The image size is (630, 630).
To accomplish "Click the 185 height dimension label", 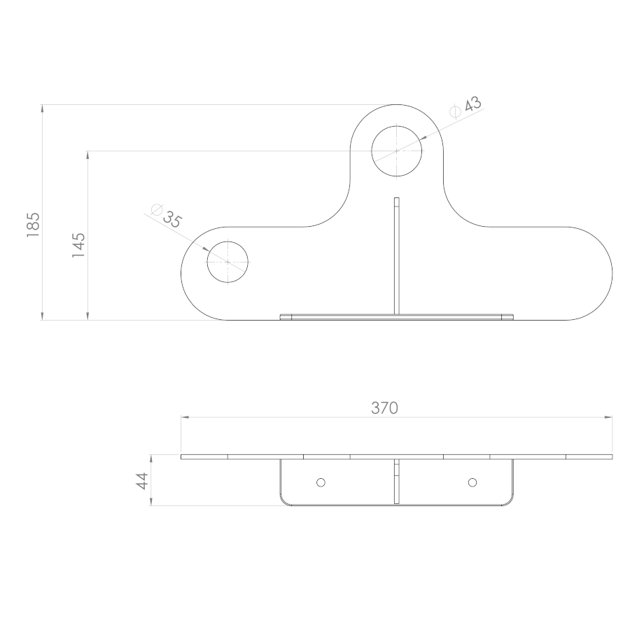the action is click(x=33, y=225).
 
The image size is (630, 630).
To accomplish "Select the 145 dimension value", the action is click(x=78, y=245).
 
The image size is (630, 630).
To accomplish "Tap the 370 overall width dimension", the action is click(x=384, y=408).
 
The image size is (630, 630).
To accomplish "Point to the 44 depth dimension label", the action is click(x=142, y=481).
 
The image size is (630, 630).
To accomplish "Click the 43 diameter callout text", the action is click(x=473, y=104).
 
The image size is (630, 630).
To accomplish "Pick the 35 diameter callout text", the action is click(x=172, y=219).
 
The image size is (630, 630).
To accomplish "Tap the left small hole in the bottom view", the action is click(x=321, y=482).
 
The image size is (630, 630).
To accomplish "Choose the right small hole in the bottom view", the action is click(x=472, y=482).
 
